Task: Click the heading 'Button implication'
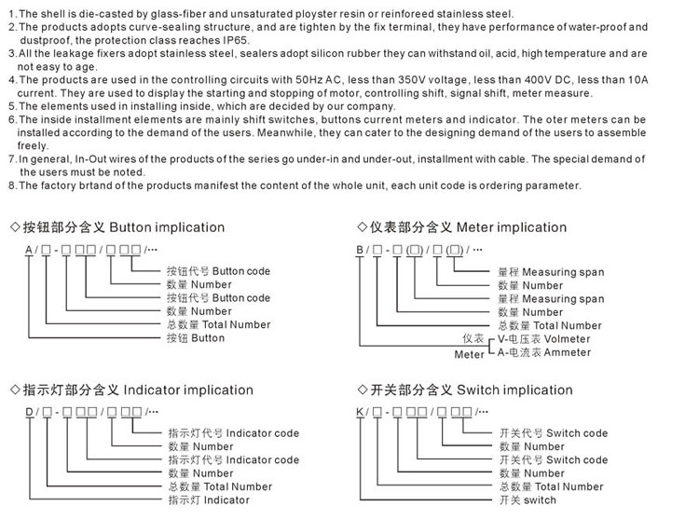click(167, 227)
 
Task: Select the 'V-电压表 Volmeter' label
click(543, 339)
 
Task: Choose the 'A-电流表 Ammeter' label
click(542, 353)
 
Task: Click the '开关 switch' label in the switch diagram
click(528, 500)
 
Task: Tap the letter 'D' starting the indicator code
click(28, 411)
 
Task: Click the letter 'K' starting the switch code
click(361, 411)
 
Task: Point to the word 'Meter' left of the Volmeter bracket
click(470, 354)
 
